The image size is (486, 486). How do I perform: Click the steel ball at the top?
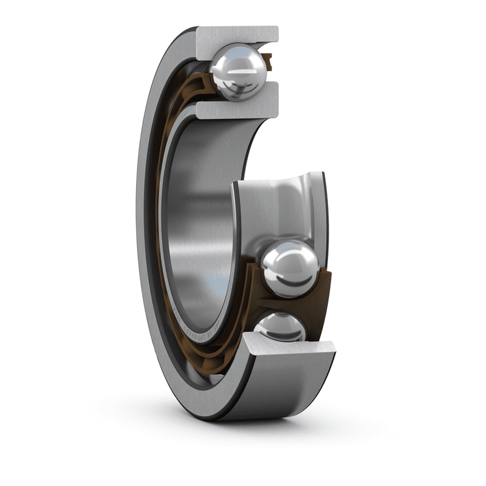[239, 72]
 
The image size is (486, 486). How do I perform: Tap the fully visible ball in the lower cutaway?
[290, 268]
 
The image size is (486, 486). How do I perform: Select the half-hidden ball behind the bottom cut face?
[281, 326]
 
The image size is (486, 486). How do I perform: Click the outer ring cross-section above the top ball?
[237, 35]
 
